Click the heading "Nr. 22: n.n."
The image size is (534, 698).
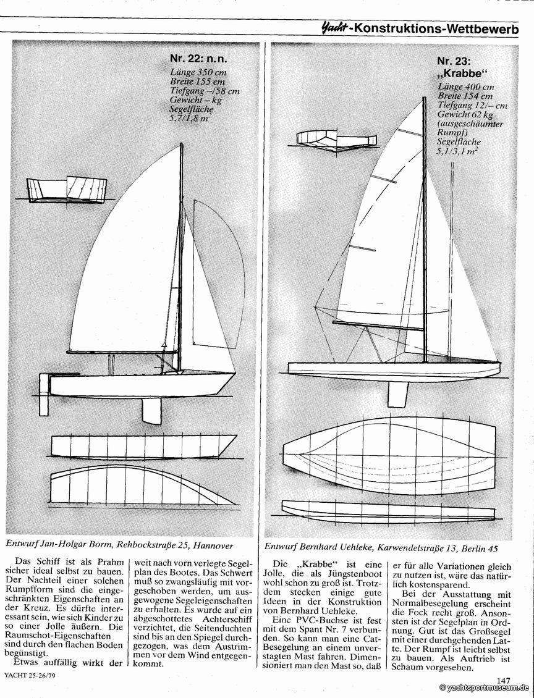[x=198, y=59]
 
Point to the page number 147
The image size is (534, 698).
[x=504, y=681]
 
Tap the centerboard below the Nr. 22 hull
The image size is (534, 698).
[x=151, y=410]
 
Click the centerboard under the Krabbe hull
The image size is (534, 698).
[x=397, y=393]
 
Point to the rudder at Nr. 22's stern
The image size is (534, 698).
[x=44, y=386]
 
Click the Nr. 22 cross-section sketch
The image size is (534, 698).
[x=66, y=190]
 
